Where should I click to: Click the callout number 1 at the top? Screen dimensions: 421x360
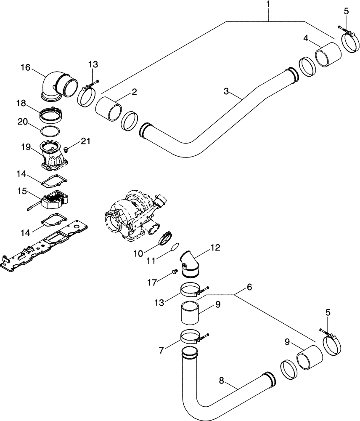coord(268,6)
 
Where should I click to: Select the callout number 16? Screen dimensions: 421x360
coord(25,67)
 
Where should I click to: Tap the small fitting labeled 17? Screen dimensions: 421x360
coord(172,274)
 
